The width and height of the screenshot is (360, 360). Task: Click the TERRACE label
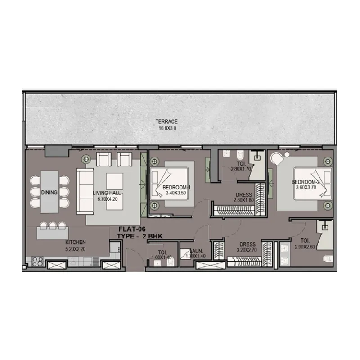click(x=166, y=121)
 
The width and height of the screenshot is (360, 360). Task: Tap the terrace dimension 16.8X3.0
click(x=166, y=128)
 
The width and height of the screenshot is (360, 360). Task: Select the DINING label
click(x=49, y=193)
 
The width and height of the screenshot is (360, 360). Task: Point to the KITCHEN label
click(x=75, y=243)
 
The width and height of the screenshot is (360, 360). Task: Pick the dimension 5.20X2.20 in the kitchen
click(x=75, y=249)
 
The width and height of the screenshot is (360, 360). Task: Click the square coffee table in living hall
click(x=113, y=182)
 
